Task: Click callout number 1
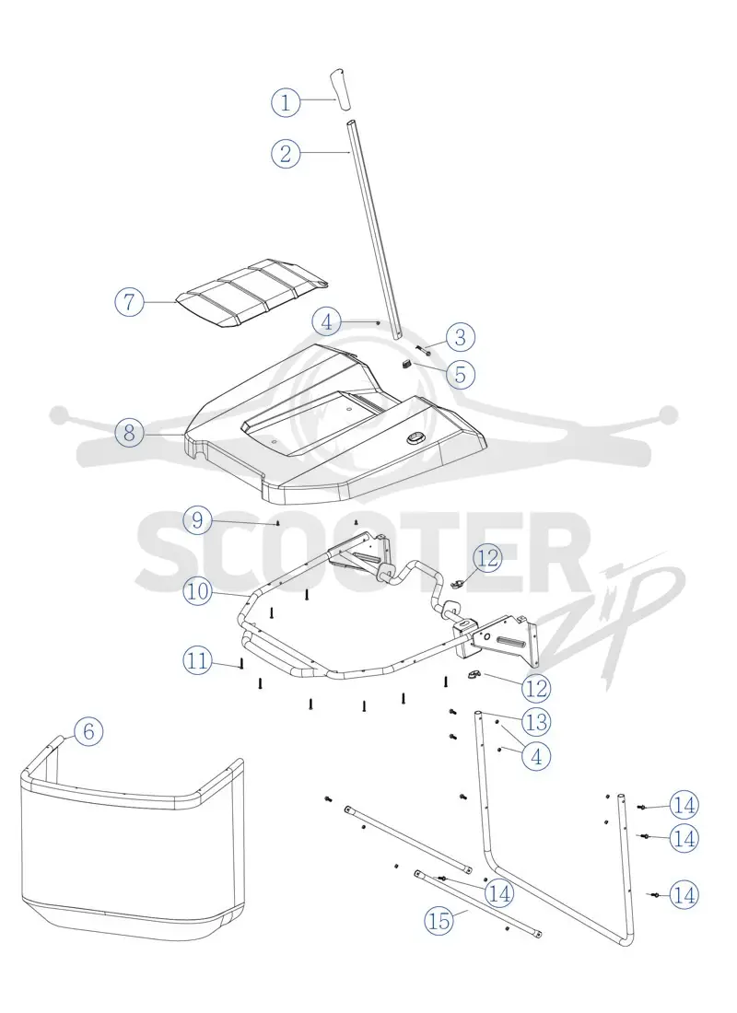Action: coord(285,101)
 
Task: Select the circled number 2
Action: coord(285,153)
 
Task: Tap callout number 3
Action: coord(461,336)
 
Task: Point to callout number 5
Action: coord(461,374)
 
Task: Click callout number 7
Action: coord(129,301)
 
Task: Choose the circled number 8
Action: coord(129,432)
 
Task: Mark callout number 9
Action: coord(198,520)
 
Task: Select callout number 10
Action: coord(198,590)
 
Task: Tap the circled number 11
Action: coord(198,660)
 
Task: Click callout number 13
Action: coord(536,722)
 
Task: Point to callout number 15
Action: coord(439,920)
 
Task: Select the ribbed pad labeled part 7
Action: coord(252,294)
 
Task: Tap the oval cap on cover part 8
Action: coord(414,438)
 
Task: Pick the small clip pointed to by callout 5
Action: coord(407,365)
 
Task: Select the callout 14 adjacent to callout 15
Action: coord(499,893)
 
